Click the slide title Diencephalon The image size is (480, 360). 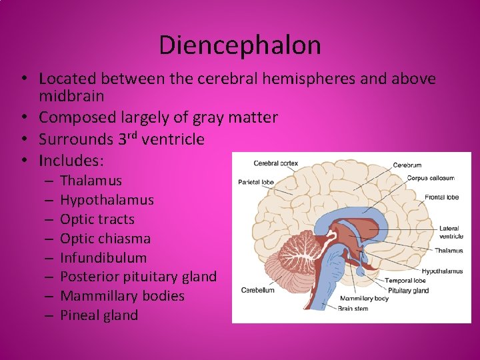(240, 45)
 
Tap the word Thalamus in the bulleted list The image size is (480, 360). (91, 181)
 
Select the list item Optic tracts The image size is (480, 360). (97, 219)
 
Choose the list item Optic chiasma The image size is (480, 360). (105, 239)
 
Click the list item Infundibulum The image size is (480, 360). (103, 258)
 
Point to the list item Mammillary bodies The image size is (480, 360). (122, 296)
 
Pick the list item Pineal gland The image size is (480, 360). (99, 315)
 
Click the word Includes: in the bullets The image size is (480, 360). (71, 161)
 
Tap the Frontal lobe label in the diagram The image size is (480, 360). (442, 197)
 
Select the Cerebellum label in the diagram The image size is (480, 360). (257, 290)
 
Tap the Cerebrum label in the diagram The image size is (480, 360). (407, 165)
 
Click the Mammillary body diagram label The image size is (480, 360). (364, 298)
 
